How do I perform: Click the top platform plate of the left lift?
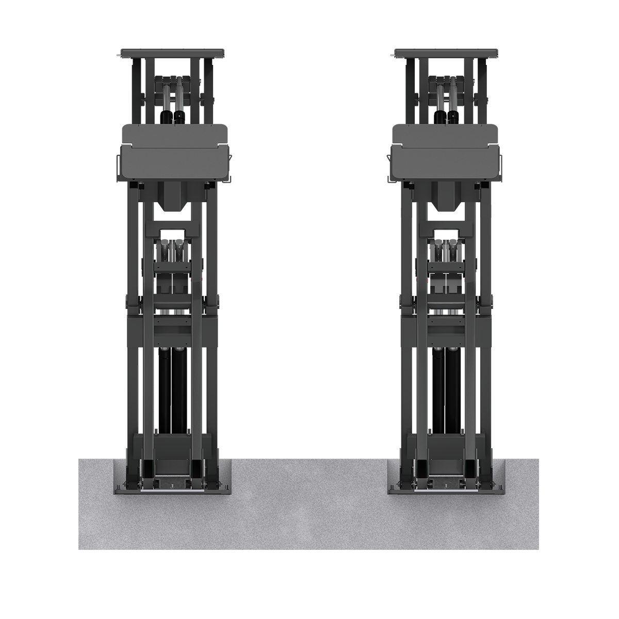point(172,52)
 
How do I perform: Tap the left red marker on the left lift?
point(153,280)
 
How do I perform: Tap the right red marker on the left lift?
point(192,280)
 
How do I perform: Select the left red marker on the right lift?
point(428,280)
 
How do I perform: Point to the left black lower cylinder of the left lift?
point(166,387)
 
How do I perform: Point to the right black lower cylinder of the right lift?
point(453,387)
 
